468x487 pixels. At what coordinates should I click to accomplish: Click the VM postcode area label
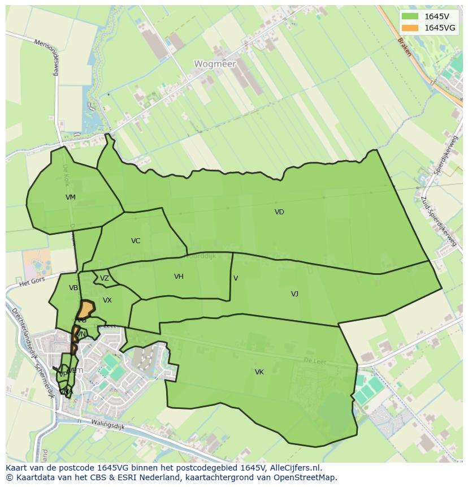70,197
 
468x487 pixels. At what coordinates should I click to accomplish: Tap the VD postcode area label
279,212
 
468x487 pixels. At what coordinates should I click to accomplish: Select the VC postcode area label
136,241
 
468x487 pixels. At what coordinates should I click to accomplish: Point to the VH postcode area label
179,277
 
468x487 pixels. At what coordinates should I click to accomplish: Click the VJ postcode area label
294,294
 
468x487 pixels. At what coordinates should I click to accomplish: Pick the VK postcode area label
259,372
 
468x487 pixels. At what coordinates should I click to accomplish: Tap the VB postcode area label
73,288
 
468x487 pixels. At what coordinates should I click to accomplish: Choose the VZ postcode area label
105,278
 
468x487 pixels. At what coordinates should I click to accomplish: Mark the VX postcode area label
107,300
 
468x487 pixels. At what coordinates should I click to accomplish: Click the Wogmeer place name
215,64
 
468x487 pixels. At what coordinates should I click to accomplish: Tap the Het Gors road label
32,281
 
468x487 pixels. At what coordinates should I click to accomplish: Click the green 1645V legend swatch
410,16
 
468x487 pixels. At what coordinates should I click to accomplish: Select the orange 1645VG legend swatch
410,28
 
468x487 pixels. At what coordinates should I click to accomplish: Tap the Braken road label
404,48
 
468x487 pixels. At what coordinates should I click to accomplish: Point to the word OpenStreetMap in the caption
306,477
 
